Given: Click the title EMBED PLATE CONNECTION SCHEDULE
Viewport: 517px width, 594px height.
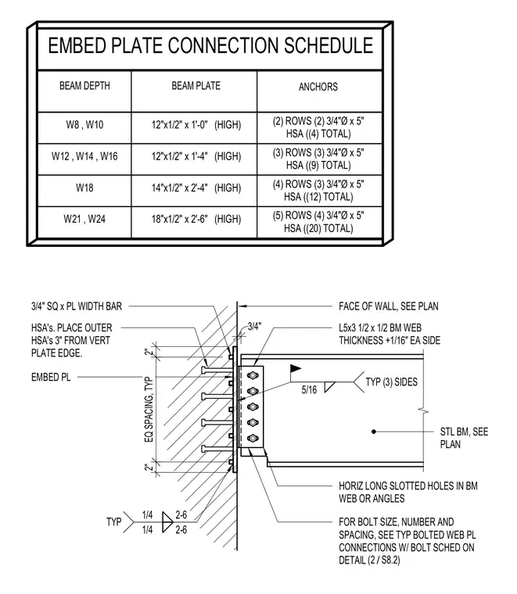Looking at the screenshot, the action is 210,45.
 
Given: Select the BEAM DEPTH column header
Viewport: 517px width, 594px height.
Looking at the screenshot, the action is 84,86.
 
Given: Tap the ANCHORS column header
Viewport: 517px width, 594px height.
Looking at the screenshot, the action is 318,87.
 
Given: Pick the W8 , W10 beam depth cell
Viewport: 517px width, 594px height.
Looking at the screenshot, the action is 84,124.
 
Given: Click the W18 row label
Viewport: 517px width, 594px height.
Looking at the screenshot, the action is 84,188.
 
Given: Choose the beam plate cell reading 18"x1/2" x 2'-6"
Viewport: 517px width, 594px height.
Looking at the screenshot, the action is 196,219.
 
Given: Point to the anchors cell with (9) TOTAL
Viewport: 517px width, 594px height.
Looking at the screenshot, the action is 318,159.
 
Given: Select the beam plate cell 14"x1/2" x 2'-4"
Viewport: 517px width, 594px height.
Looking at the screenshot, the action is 196,188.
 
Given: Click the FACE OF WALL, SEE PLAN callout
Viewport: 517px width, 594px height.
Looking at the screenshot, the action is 389,306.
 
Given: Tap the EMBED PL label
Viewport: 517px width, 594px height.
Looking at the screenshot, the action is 51,378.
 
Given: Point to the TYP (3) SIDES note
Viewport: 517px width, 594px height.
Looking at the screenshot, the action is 391,382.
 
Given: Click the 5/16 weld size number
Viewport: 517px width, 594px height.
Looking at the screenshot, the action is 309,389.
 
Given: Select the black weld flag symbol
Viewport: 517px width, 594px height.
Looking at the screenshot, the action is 295,369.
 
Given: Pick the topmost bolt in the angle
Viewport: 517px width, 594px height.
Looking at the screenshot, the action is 253,375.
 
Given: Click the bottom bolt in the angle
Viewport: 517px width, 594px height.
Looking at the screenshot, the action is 253,438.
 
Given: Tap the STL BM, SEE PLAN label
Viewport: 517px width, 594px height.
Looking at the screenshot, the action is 464,438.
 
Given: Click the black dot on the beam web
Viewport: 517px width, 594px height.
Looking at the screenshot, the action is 374,431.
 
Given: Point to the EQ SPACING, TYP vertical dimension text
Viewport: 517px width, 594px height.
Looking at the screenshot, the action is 149,409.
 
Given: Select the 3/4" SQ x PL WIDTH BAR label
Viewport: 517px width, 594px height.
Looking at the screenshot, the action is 77,306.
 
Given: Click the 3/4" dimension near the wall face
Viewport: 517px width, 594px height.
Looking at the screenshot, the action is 254,326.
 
